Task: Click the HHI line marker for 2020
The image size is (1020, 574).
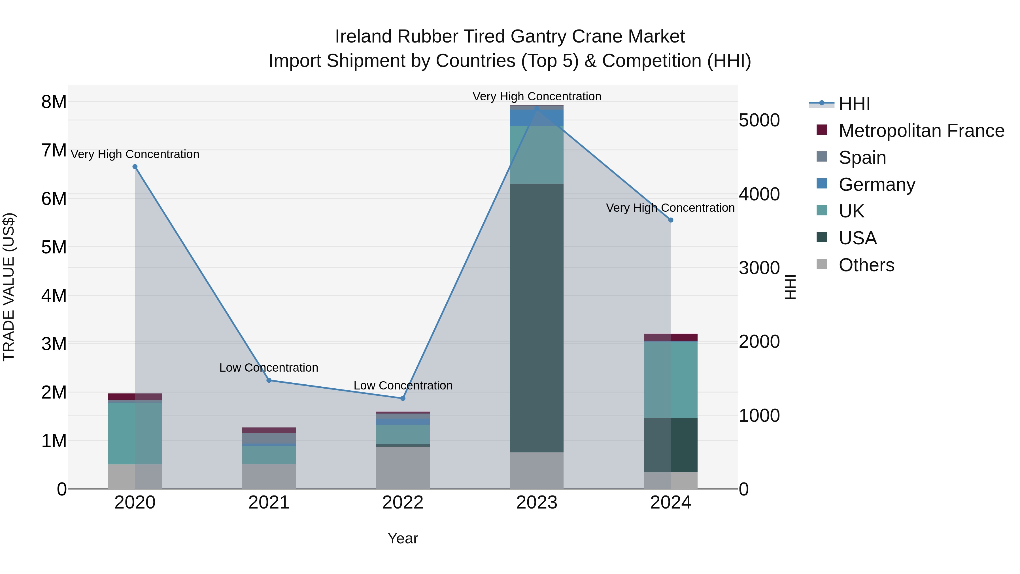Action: pos(135,167)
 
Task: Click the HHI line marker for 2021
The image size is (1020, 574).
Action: pos(269,380)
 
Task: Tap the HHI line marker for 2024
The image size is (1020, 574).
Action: pos(670,220)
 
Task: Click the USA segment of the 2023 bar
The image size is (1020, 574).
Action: pos(537,317)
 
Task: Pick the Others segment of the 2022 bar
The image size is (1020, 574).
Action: pos(403,467)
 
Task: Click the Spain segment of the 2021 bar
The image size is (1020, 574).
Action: pos(269,439)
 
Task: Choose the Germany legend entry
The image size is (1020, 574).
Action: pos(877,184)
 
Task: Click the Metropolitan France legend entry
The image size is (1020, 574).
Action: pos(921,131)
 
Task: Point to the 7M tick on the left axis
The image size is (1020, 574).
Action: pos(54,151)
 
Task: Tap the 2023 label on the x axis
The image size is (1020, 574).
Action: pos(537,503)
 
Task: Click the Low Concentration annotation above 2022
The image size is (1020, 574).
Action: pos(403,386)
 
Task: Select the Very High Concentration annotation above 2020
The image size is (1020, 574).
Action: pos(135,154)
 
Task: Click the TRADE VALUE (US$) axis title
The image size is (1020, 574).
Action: pos(9,287)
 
